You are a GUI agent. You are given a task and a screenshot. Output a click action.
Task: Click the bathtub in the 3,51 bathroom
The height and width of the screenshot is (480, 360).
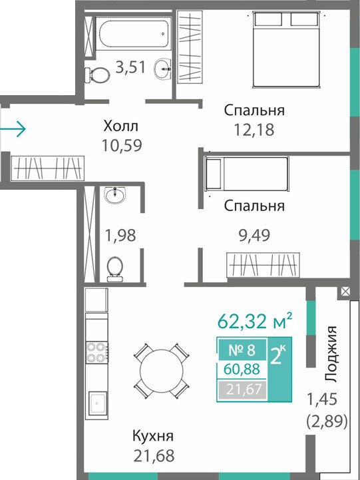pos(134,33)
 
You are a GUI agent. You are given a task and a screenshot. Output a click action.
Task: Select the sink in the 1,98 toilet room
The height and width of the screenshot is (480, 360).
pos(114,195)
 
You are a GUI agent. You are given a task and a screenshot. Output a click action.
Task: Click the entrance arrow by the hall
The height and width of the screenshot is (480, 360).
pos(13,129)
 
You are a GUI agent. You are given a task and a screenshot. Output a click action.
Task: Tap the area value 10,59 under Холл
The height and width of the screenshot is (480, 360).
pos(122,146)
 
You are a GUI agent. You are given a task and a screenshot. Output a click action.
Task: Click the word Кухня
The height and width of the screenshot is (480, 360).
pos(153,435)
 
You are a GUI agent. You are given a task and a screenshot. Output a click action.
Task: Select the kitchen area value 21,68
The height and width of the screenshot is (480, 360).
pos(154,455)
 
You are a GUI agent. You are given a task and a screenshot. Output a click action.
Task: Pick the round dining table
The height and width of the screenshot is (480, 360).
pos(162,371)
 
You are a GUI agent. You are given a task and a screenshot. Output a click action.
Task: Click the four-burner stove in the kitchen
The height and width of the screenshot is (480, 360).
pos(96,352)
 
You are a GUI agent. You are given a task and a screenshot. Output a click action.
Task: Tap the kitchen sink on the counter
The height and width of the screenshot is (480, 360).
pos(98,403)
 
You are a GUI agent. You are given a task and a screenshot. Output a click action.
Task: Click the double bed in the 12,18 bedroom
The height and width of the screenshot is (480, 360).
pos(287,49)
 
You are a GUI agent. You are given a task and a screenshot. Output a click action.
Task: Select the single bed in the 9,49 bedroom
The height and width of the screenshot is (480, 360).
pos(247,174)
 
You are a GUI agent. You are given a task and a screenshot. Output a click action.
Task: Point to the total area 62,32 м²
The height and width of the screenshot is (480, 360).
pos(255,321)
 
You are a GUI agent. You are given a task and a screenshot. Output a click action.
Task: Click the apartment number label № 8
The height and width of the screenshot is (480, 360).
pos(242,350)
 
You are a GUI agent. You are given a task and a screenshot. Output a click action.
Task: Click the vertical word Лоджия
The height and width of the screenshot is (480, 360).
pos(331,354)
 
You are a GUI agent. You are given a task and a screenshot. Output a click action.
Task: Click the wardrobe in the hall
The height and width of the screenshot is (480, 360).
pos(47,168)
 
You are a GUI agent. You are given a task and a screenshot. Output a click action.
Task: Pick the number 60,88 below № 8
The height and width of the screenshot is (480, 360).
pos(242,369)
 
